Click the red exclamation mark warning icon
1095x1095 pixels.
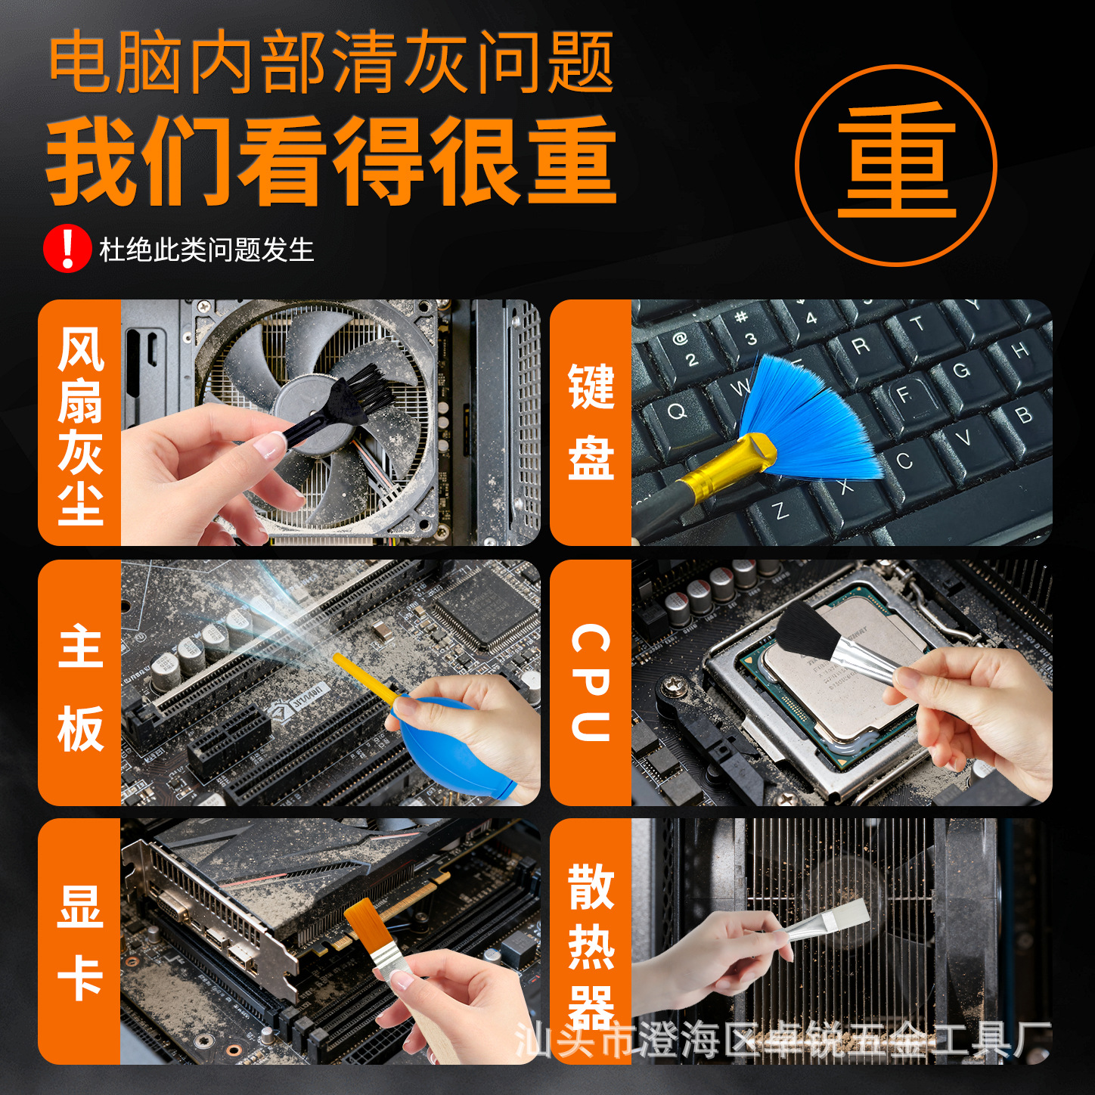pyautogui.click(x=67, y=248)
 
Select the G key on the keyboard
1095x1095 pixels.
pyautogui.click(x=960, y=370)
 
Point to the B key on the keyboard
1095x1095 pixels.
pyautogui.click(x=1024, y=415)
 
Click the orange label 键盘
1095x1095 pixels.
pyautogui.click(x=591, y=422)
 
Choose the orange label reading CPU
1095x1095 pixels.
pyautogui.click(x=591, y=682)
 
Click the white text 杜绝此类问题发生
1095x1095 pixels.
pyautogui.click(x=207, y=250)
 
